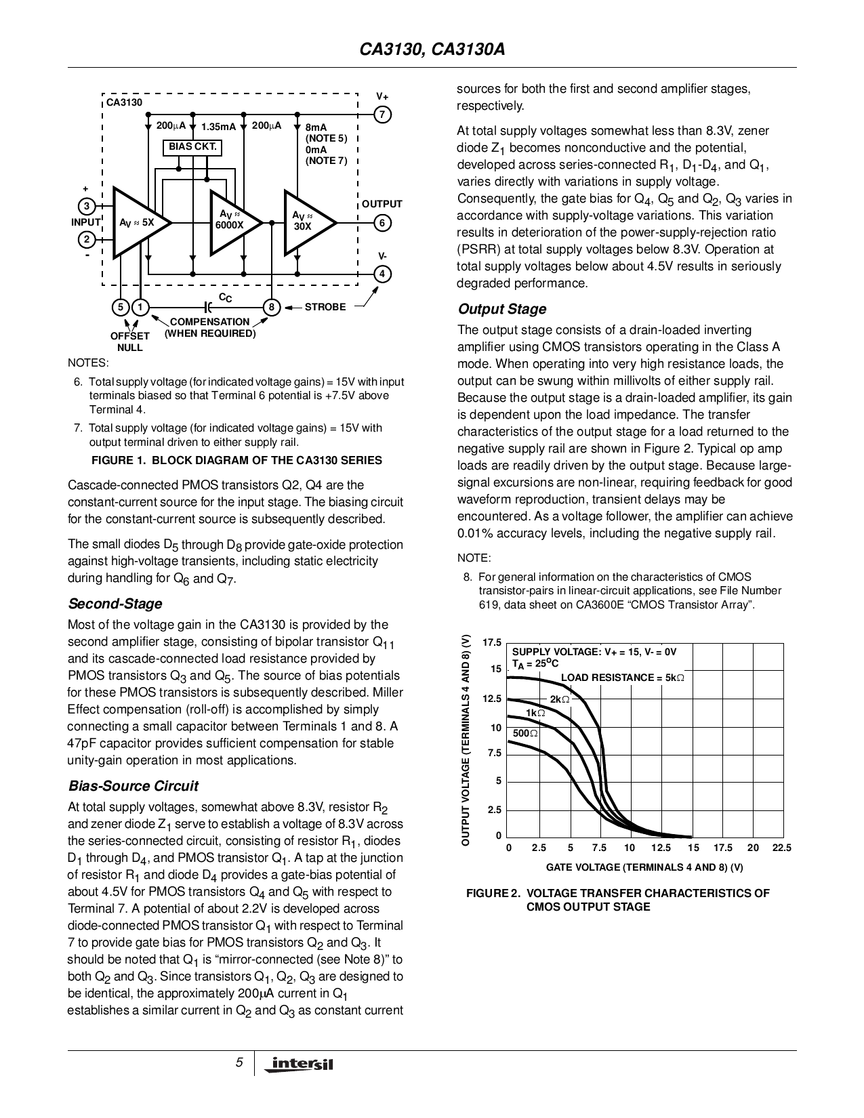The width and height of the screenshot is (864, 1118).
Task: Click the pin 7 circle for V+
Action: pyautogui.click(x=382, y=115)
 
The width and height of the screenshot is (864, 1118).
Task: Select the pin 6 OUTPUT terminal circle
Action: pyautogui.click(x=382, y=223)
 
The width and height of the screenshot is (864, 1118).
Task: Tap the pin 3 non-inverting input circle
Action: pyautogui.click(x=87, y=206)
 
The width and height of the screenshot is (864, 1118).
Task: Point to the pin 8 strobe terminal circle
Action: pyautogui.click(x=271, y=308)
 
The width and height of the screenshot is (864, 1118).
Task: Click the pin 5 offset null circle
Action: pyautogui.click(x=121, y=308)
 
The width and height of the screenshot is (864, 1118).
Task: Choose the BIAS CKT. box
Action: pyautogui.click(x=193, y=147)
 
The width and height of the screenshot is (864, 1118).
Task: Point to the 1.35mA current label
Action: pyautogui.click(x=218, y=127)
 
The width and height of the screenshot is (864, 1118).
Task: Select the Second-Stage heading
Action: pyautogui.click(x=115, y=604)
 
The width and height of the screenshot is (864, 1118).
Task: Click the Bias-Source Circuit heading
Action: pyautogui.click(x=133, y=786)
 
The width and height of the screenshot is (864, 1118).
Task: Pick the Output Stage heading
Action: pyautogui.click(x=502, y=309)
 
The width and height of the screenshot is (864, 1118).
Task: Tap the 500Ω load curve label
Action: pyautogui.click(x=525, y=733)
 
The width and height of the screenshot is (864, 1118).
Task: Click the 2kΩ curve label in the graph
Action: pyautogui.click(x=559, y=699)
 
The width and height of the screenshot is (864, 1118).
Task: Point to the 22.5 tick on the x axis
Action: pyautogui.click(x=782, y=848)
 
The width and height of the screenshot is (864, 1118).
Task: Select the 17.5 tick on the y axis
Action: pyautogui.click(x=492, y=642)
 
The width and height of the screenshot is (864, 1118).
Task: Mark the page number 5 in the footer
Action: pyautogui.click(x=239, y=1062)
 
